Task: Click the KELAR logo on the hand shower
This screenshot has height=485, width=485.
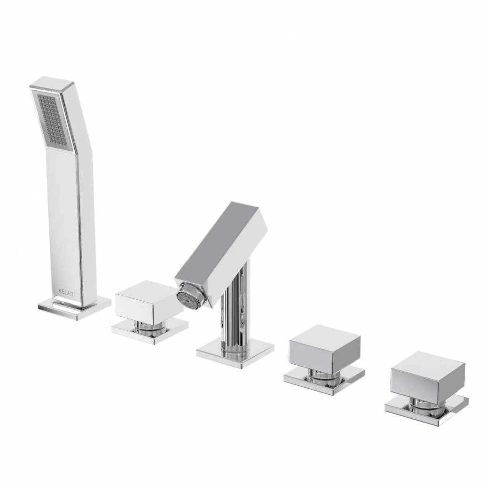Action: [x=66, y=292]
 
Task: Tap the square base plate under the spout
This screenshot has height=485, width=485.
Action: [x=235, y=353]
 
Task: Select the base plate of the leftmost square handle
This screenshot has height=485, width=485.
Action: [x=150, y=331]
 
